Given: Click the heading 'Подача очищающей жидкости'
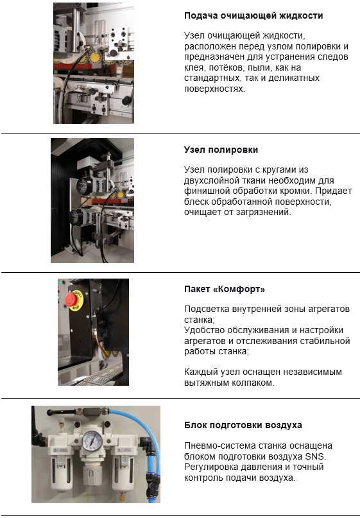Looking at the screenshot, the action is (253, 15).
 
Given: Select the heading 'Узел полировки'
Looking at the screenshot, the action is (221, 150).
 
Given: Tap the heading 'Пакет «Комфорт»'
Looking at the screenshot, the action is (225, 289).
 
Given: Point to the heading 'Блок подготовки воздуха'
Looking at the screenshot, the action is (243, 425).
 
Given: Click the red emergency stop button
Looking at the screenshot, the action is (72, 300).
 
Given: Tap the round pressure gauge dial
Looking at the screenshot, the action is (92, 441).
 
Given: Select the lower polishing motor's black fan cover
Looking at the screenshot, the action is (75, 218).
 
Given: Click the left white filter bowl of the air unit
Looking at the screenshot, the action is (61, 470).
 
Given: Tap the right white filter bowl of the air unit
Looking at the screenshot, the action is (123, 470).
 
